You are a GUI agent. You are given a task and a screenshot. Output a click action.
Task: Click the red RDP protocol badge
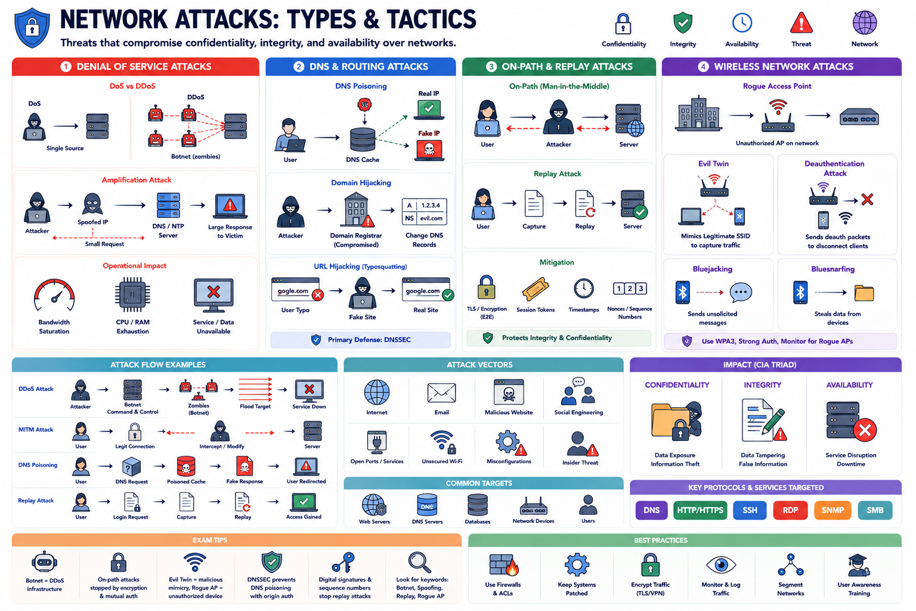click(x=790, y=510)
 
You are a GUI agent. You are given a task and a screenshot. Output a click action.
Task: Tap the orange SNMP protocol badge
click(x=833, y=510)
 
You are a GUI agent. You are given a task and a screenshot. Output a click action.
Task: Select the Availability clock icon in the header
click(x=742, y=23)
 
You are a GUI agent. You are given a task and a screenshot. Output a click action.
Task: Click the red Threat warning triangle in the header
click(x=801, y=23)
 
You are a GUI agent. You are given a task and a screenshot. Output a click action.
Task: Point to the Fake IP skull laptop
click(x=429, y=150)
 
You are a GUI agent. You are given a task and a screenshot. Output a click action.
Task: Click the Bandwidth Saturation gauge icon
click(x=54, y=295)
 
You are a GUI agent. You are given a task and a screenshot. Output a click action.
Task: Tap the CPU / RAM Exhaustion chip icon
click(x=132, y=295)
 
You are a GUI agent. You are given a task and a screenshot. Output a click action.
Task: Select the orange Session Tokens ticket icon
click(x=535, y=289)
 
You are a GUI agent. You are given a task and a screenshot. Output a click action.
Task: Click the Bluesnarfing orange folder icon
click(x=864, y=293)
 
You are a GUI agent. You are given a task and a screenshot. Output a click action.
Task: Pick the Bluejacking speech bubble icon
click(x=741, y=292)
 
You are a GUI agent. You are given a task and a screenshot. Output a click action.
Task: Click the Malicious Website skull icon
click(x=509, y=393)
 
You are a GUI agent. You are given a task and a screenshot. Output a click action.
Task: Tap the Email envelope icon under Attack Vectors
click(x=441, y=393)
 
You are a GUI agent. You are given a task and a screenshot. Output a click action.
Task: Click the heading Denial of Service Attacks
click(x=144, y=67)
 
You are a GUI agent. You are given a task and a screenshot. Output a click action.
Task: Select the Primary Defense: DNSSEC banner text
click(x=369, y=340)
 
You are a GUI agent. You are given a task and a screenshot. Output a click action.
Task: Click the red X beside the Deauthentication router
click(x=867, y=199)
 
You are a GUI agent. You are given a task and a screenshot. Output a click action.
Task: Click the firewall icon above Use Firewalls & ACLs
click(x=503, y=564)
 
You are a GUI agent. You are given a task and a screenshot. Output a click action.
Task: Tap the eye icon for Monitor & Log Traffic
click(x=721, y=564)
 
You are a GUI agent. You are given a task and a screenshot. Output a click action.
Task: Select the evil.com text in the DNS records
click(x=431, y=218)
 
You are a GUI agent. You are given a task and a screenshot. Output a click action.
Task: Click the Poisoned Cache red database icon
click(x=186, y=467)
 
